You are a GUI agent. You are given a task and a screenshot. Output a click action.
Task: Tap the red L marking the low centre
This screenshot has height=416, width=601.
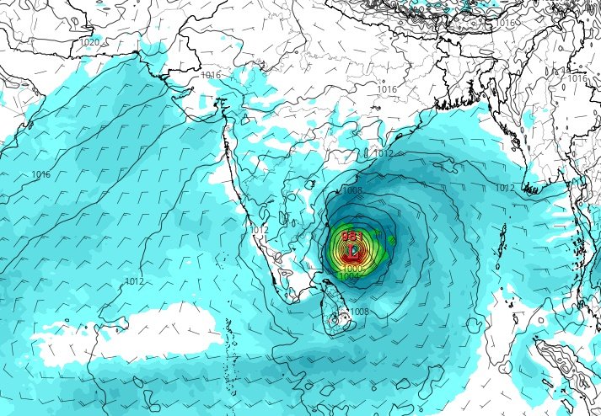354,250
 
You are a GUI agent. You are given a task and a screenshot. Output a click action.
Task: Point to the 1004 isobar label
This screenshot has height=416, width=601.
350,276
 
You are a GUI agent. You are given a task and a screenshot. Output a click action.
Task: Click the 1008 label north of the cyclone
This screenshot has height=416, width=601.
351,191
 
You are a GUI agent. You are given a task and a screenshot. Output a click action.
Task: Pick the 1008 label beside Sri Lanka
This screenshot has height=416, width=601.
359,312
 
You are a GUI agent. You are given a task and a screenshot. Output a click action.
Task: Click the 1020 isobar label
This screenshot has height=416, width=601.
89,42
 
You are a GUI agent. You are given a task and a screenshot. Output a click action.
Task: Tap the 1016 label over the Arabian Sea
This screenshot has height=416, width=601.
40,174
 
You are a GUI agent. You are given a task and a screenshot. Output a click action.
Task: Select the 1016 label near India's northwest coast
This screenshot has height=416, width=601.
211,76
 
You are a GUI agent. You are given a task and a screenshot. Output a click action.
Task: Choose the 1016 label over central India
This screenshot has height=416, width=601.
387,89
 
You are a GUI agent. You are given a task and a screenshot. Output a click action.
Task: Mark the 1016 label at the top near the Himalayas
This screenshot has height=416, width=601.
505,24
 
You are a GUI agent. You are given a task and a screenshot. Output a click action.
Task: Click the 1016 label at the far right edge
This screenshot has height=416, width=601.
577,78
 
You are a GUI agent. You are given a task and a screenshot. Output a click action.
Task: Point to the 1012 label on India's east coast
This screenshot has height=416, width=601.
384,154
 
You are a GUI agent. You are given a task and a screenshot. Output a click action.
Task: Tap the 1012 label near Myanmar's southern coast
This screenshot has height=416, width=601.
505,188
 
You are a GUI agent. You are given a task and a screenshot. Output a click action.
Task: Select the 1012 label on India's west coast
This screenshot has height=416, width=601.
259,230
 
